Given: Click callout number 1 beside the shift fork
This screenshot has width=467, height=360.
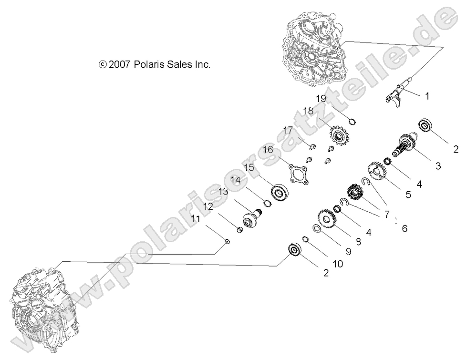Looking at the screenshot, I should click(x=427, y=96).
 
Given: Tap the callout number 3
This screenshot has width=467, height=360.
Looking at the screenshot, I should click(x=437, y=166).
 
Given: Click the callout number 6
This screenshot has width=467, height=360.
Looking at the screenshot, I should click(x=405, y=228).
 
